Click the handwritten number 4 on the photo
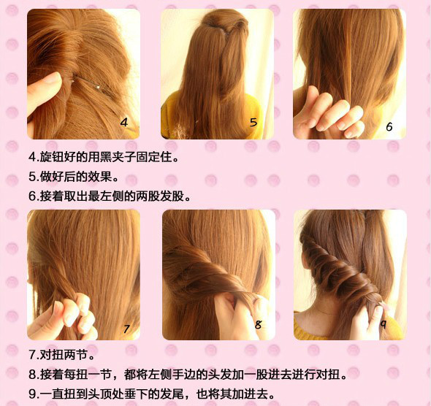(x=123, y=122)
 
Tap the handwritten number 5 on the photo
(x=253, y=122)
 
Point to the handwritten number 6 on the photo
(x=389, y=126)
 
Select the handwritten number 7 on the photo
(x=126, y=329)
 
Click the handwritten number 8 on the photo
(x=258, y=326)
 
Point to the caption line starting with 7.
(x=61, y=356)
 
